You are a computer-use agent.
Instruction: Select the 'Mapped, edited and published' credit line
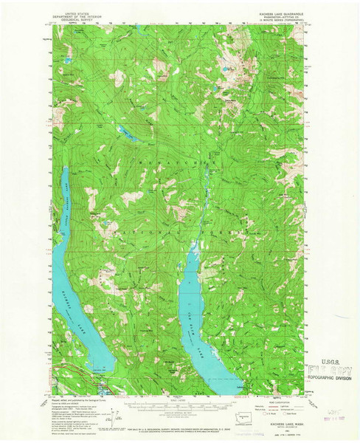click(x=65, y=398)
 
